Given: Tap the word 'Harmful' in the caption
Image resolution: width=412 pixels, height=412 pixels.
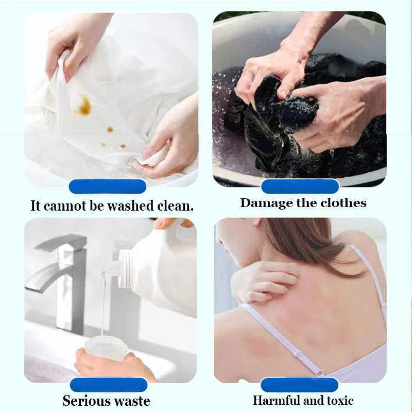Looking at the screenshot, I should click(277, 400).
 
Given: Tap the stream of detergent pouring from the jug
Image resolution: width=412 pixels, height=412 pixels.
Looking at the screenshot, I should click(104, 304).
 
